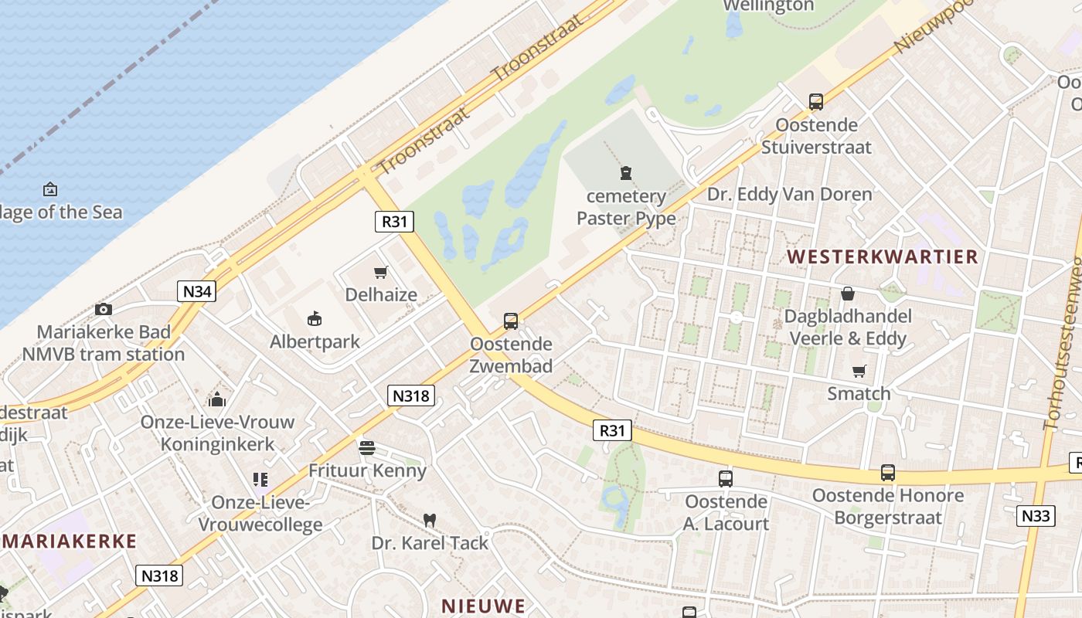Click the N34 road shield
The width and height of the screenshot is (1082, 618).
click(x=196, y=291)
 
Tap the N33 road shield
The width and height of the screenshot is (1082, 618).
click(x=1035, y=516)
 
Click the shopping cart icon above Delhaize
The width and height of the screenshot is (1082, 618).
click(x=380, y=272)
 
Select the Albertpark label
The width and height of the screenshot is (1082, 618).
click(x=315, y=341)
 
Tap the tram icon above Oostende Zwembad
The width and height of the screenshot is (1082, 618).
click(x=510, y=321)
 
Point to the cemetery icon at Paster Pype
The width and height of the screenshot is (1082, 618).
click(x=625, y=174)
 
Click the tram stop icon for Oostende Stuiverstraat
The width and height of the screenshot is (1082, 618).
click(x=815, y=101)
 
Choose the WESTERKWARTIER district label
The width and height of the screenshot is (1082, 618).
click(x=883, y=257)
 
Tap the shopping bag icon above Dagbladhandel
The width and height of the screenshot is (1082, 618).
click(x=848, y=294)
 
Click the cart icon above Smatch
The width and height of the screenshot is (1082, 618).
click(x=859, y=372)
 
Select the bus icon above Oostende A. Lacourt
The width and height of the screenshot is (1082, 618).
click(x=725, y=479)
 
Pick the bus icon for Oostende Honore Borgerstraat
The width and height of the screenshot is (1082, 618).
click(x=887, y=473)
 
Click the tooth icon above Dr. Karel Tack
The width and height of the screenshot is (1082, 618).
click(x=430, y=521)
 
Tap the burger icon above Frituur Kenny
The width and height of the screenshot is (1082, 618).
click(x=367, y=448)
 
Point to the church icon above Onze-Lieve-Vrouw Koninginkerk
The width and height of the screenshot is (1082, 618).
click(x=217, y=399)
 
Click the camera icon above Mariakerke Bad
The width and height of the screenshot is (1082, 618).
click(x=104, y=310)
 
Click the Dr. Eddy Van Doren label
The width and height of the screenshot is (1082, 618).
click(x=790, y=194)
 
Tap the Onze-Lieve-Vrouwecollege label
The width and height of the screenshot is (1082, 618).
click(x=260, y=514)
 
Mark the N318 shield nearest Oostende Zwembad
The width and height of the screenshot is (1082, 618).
click(x=410, y=396)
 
